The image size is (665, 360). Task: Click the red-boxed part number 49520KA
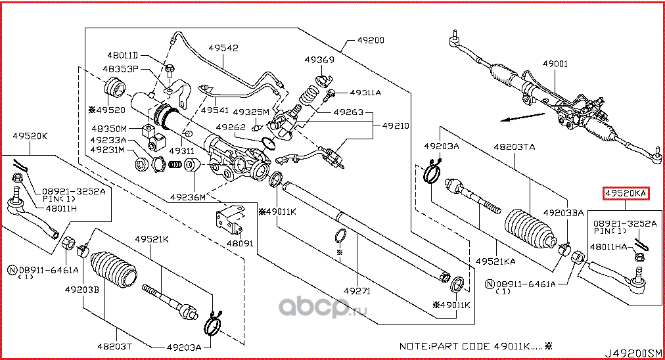pos(626,193)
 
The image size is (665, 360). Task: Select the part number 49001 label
pos(555,64)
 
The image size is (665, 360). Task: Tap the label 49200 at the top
pos(370,40)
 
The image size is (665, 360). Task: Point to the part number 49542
pos(223,48)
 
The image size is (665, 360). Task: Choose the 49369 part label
pos(319,60)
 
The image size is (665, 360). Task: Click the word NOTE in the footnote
pos(415,346)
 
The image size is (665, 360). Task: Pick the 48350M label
pos(108,129)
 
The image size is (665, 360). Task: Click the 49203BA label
pos(563,214)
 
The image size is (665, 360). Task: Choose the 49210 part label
pos(396,124)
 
